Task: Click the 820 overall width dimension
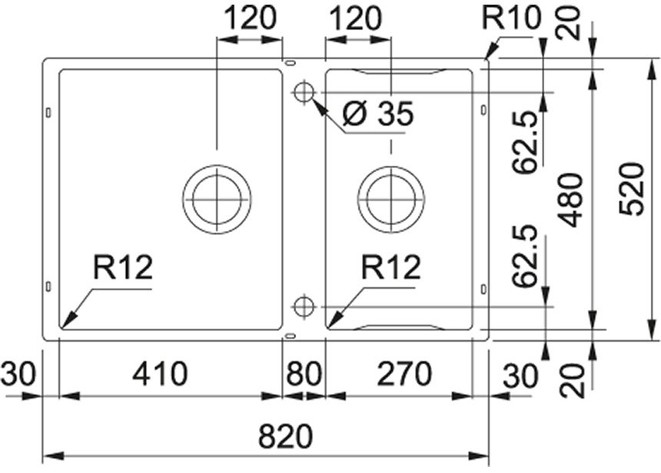click(286, 437)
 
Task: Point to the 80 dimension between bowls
click(304, 375)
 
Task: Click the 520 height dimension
click(631, 188)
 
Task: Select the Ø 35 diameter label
click(377, 114)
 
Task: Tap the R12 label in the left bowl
click(123, 268)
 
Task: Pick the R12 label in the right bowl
click(391, 268)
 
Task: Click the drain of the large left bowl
click(217, 198)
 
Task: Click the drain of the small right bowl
click(391, 198)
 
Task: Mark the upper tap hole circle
click(303, 92)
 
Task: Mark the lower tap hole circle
click(304, 306)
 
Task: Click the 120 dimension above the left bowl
click(248, 18)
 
